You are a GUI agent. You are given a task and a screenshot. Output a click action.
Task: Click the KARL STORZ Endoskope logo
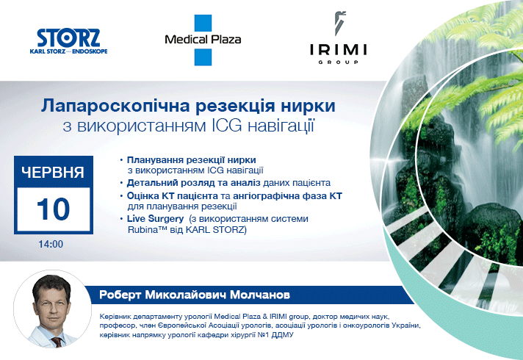point(68,41)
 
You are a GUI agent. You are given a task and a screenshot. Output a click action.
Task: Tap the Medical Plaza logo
point(203,40)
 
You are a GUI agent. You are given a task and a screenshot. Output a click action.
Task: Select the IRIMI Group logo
point(338,37)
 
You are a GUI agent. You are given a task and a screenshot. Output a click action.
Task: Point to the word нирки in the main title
point(308,106)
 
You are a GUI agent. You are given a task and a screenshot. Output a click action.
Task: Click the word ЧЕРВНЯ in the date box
point(53,172)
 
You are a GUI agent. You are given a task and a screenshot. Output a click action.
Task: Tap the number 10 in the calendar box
point(54,209)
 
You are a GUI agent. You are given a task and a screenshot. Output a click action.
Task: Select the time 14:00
point(51,244)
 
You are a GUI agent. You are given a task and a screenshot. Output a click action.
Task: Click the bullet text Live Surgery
point(156,218)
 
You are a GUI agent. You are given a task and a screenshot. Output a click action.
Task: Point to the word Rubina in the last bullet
point(143,230)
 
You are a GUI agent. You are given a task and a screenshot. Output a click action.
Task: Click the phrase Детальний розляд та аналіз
point(193,183)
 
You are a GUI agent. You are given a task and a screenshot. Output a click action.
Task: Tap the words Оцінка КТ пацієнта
point(173,196)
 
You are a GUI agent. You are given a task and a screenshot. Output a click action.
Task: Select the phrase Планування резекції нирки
point(192,160)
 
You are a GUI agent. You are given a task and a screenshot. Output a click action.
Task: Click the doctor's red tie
point(57,342)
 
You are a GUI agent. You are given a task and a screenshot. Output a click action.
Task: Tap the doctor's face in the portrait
point(52,306)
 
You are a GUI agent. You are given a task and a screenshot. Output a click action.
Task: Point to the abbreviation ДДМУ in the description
point(283,335)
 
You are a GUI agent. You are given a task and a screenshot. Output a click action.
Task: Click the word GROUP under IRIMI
point(338,62)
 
